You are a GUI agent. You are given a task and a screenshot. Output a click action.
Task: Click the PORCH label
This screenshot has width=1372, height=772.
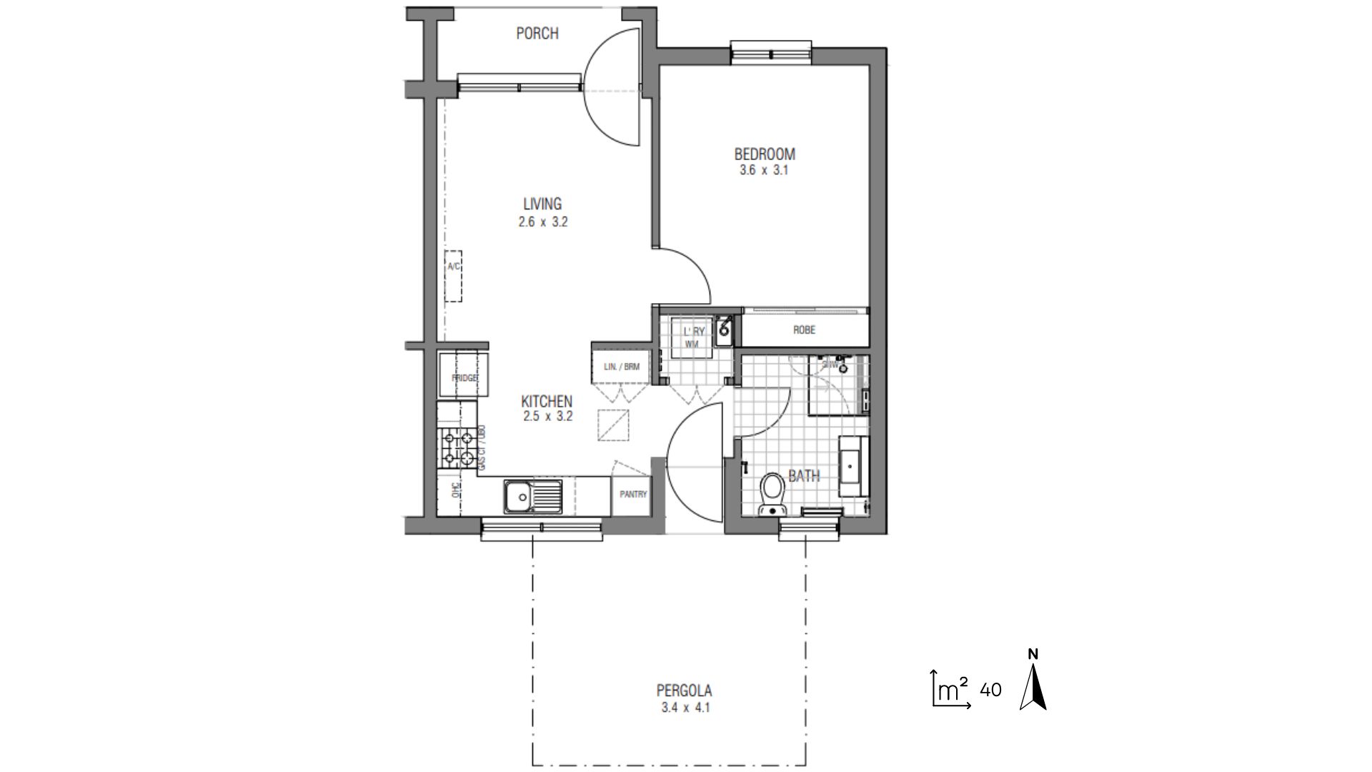pyautogui.click(x=537, y=34)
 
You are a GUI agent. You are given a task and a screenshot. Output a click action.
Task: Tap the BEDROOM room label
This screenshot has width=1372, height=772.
pyautogui.click(x=765, y=154)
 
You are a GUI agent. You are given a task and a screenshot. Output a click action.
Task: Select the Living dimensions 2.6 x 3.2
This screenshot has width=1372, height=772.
pyautogui.click(x=543, y=222)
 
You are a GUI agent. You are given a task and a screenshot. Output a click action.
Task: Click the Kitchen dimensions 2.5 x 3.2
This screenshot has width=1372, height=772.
pyautogui.click(x=547, y=417)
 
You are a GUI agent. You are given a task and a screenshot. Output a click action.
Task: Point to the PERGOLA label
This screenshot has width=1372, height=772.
pyautogui.click(x=685, y=691)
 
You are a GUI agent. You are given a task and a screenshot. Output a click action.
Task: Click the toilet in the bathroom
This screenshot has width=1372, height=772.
pyautogui.click(x=772, y=493)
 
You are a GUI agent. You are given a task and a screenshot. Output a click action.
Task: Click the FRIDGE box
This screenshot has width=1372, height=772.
pyautogui.click(x=464, y=376)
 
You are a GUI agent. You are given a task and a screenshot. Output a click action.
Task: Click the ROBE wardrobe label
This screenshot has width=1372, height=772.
pyautogui.click(x=804, y=330)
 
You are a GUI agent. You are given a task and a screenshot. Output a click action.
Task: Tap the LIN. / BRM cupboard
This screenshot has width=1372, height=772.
pyautogui.click(x=621, y=367)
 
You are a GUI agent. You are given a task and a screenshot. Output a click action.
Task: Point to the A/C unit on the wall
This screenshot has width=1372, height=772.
pyautogui.click(x=453, y=276)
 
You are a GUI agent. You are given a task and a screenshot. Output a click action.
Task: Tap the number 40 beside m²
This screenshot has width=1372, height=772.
pyautogui.click(x=990, y=691)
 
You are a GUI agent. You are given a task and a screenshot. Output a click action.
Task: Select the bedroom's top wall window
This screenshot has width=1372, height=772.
pyautogui.click(x=771, y=53)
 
